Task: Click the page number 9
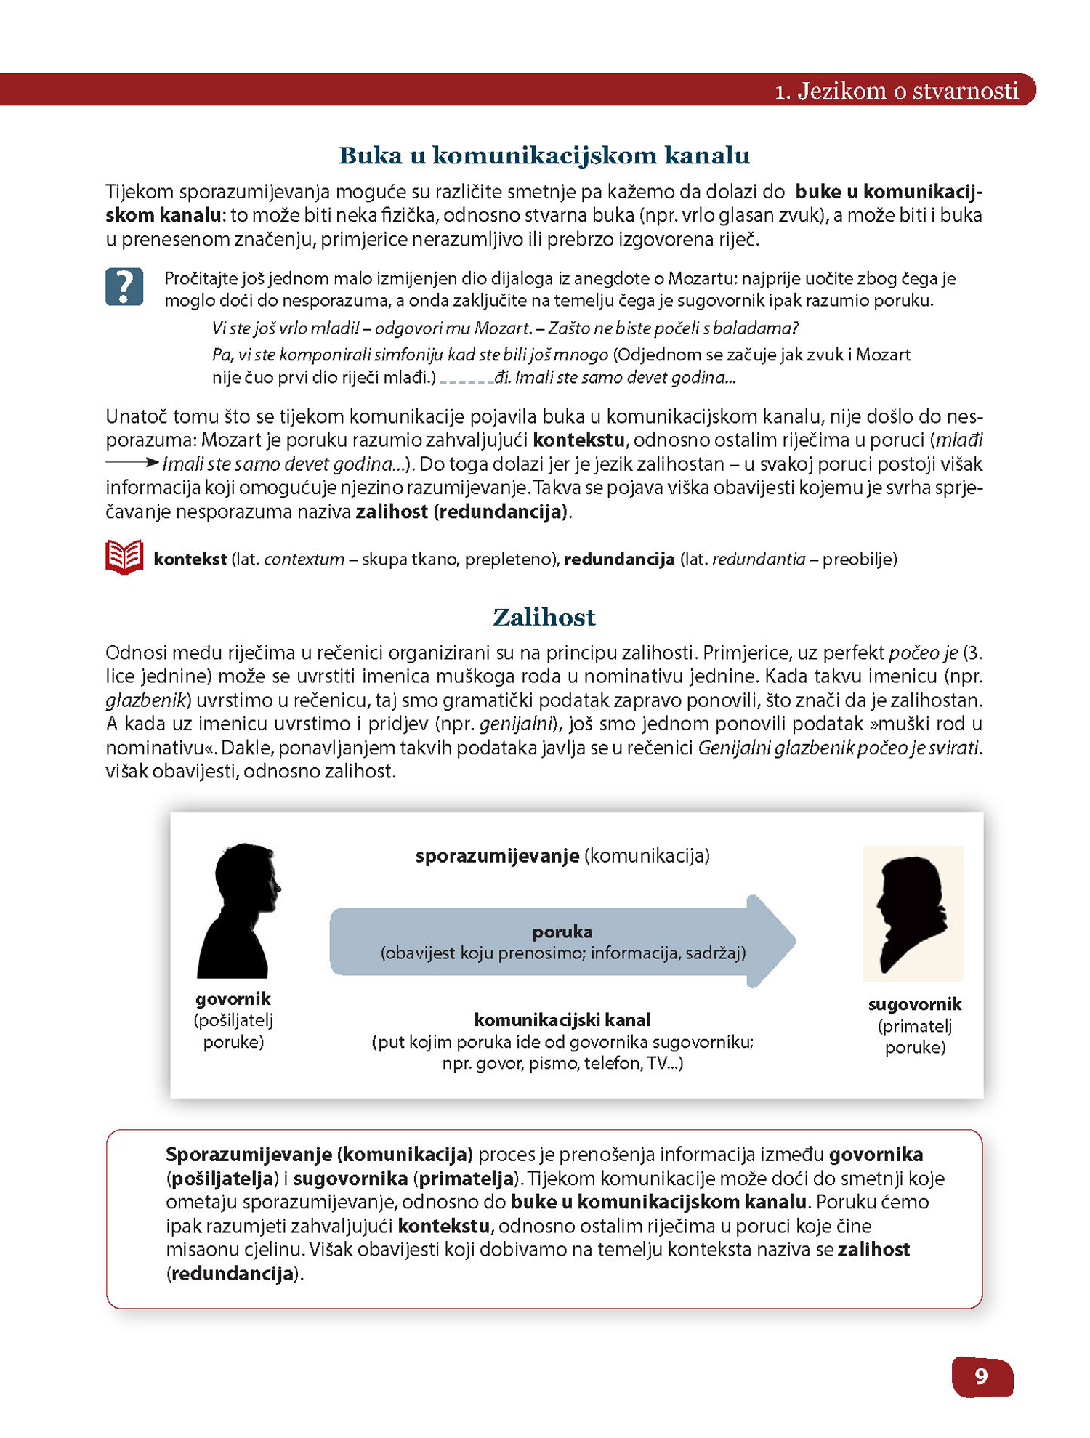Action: click(981, 1376)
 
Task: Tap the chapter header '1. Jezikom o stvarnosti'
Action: click(897, 91)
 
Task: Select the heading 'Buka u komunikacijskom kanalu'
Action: click(544, 155)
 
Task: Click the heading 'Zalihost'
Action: click(544, 617)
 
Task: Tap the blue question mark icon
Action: click(124, 286)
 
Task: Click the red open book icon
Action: click(124, 558)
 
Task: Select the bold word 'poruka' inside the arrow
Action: click(562, 932)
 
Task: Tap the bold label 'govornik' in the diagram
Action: click(233, 999)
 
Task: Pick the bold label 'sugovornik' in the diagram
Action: click(915, 1005)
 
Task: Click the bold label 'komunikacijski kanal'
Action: click(562, 1020)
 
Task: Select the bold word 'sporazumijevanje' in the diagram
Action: click(497, 856)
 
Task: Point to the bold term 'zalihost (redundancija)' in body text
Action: click(461, 512)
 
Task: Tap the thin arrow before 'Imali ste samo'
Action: click(132, 462)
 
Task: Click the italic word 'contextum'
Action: click(304, 559)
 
